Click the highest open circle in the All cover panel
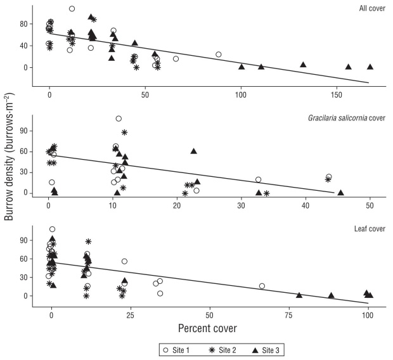pos(72,9)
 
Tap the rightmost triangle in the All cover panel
pos(370,67)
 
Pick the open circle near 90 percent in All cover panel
pos(219,55)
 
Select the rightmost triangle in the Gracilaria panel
pos(341,193)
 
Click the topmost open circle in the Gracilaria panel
pos(119,119)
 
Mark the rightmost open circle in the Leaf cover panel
pos(262,286)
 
